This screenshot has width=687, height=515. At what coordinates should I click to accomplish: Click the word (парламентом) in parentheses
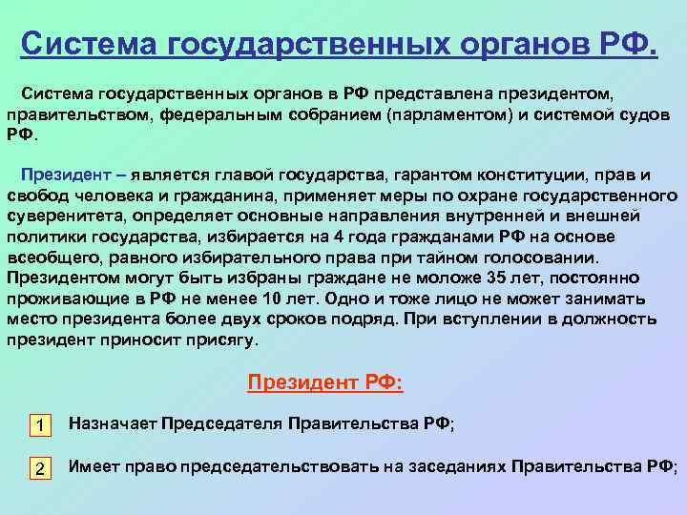tap(449, 113)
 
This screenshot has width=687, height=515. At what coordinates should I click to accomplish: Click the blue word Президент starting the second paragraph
tap(61, 175)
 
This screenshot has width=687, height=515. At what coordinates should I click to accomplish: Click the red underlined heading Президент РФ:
tap(325, 383)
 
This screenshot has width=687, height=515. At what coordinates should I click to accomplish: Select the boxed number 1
tap(39, 425)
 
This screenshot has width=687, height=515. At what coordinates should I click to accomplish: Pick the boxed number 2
tap(39, 468)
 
